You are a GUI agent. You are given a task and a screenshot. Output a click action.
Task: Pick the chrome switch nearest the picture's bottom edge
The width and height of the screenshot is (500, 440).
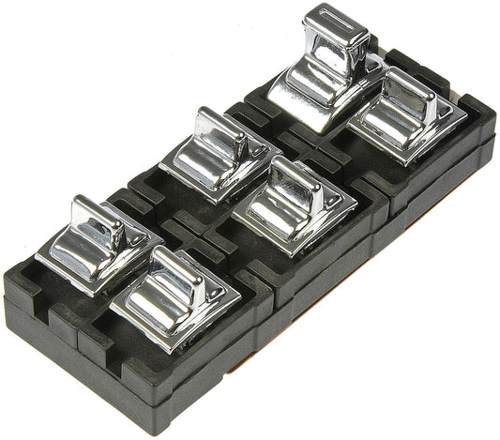click(x=174, y=299)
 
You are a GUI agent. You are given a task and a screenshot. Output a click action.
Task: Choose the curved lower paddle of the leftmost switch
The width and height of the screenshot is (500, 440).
click(x=70, y=254)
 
